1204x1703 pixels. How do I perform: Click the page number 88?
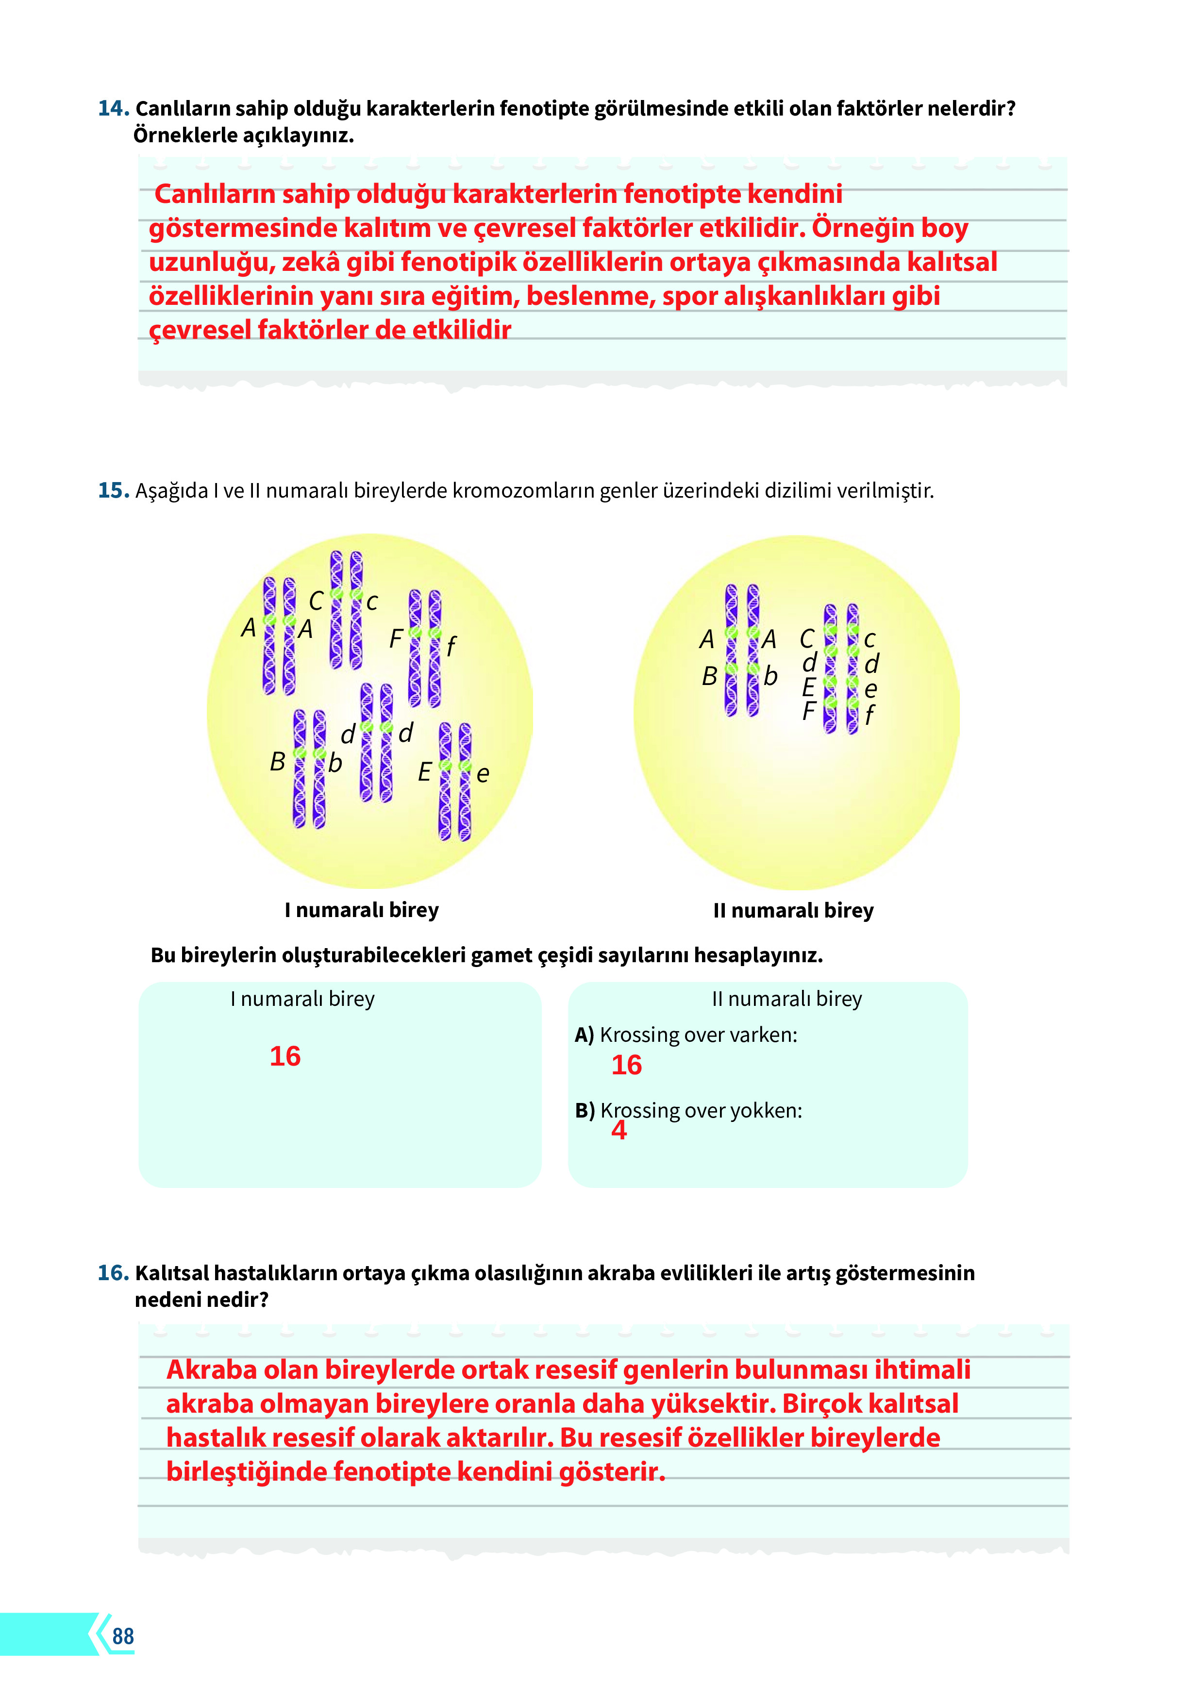tap(123, 1636)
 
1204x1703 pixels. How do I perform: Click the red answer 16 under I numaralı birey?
tap(285, 1056)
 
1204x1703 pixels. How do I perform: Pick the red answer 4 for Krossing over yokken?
tap(619, 1130)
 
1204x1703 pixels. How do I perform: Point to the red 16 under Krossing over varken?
tap(626, 1065)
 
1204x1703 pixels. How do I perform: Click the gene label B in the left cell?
tap(277, 762)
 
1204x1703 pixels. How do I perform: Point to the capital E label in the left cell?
tap(424, 772)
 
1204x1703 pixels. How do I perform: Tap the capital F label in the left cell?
tap(395, 638)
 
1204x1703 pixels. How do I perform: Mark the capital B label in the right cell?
tap(709, 676)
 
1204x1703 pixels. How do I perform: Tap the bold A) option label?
tap(585, 1035)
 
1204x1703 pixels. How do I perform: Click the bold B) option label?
tap(585, 1110)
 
